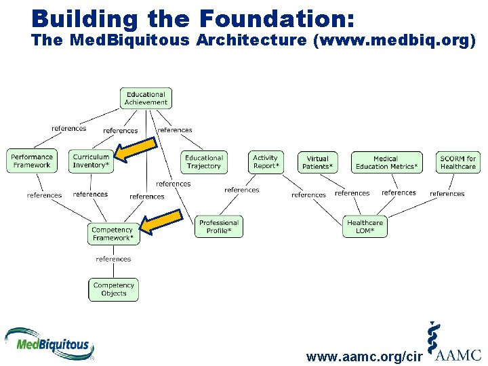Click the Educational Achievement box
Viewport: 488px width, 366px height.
click(x=146, y=98)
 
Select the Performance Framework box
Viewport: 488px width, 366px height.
click(x=32, y=161)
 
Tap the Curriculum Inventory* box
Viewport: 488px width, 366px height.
click(x=91, y=161)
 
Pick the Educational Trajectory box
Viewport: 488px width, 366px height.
click(x=203, y=162)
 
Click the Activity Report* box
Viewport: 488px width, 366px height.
click(x=265, y=162)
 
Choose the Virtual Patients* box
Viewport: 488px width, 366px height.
click(x=317, y=162)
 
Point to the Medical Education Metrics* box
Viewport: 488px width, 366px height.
click(x=386, y=162)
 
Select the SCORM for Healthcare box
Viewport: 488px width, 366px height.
click(x=457, y=162)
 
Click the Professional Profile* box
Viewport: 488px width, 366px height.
click(x=219, y=226)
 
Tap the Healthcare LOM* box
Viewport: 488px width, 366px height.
click(x=365, y=226)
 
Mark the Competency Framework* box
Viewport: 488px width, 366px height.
click(x=113, y=234)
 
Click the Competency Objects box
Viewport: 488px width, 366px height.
click(x=113, y=289)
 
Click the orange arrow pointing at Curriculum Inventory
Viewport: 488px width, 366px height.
click(x=135, y=150)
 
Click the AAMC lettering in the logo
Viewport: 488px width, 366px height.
click(x=458, y=354)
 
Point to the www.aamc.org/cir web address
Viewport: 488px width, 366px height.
click(x=365, y=357)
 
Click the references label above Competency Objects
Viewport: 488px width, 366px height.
click(x=113, y=259)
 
